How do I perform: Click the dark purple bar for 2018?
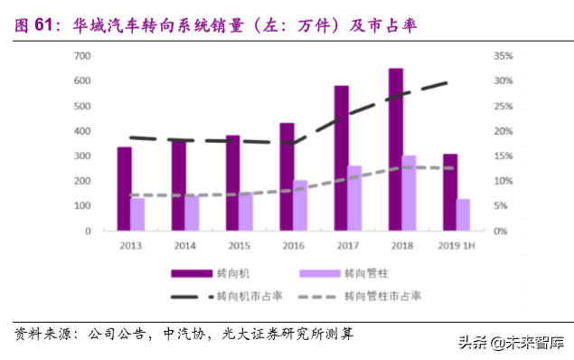coord(395,149)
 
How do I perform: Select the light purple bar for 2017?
coord(354,198)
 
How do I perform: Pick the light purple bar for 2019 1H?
coord(463,214)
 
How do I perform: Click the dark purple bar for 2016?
coord(287,176)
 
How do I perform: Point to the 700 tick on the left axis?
coord(81,56)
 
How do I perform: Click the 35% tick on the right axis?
coord(503,56)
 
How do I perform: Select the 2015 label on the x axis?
coord(239,245)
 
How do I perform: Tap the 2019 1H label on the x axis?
coord(456,245)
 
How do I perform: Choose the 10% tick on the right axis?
coord(503,181)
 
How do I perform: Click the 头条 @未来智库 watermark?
coord(512,343)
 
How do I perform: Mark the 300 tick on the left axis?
coord(81,156)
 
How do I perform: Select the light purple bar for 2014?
coord(192,213)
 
